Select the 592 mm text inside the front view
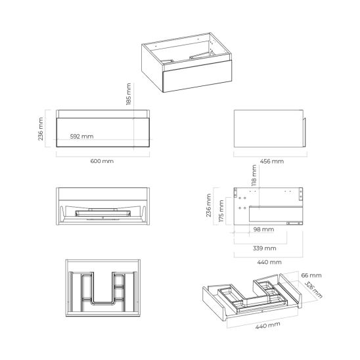click(x=82, y=137)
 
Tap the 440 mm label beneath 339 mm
click(x=266, y=262)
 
